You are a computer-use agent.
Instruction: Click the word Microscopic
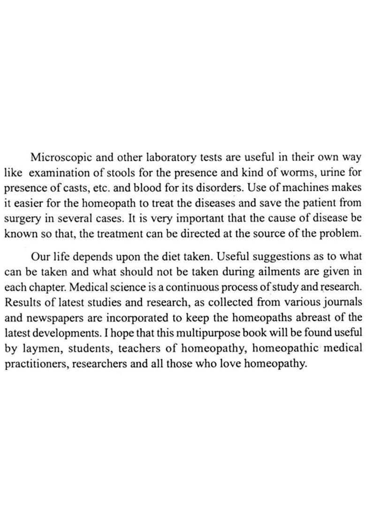[x=61, y=157]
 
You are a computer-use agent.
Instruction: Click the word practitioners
[x=34, y=364]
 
